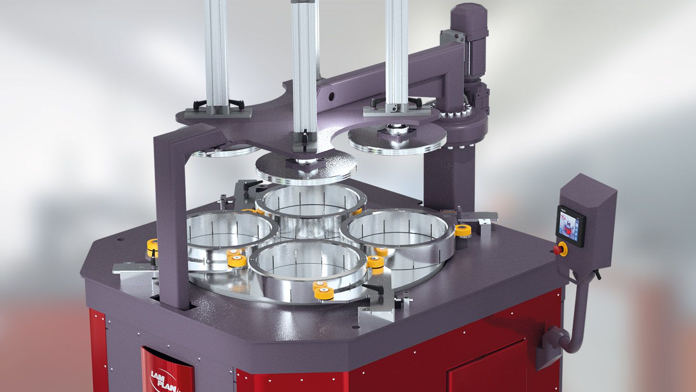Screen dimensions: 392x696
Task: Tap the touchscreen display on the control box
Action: coord(570,226)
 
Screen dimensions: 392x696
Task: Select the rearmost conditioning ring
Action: coord(308,203)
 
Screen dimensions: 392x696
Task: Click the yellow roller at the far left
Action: coord(152,247)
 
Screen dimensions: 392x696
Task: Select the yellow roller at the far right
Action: coord(462,230)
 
